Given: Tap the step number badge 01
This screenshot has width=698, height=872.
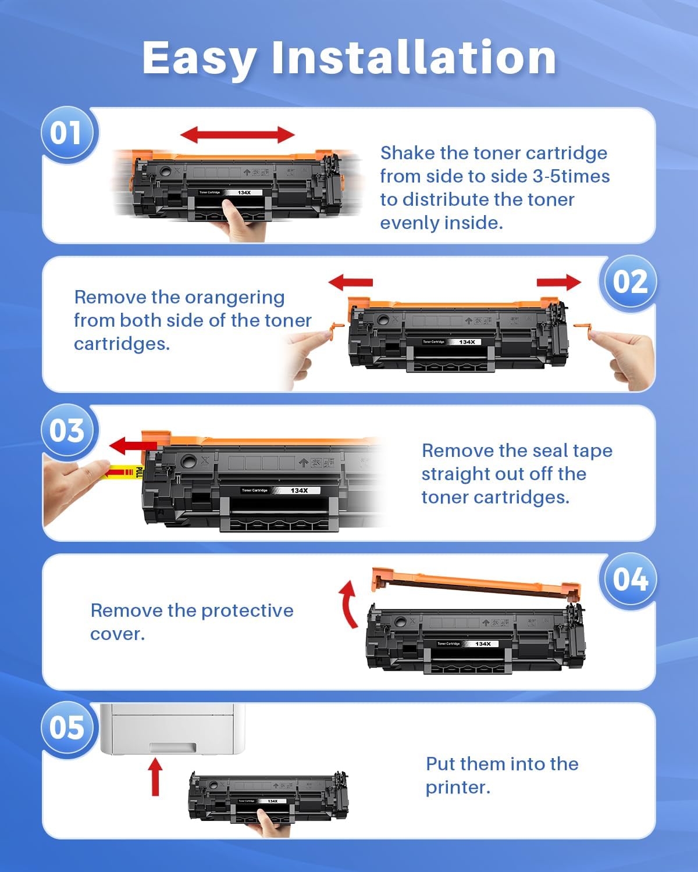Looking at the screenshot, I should pyautogui.click(x=66, y=133).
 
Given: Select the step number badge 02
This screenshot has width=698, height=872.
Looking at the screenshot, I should pyautogui.click(x=629, y=282).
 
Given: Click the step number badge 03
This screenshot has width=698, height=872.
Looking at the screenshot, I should pyautogui.click(x=66, y=431).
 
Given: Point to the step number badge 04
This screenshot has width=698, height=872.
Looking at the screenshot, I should pyautogui.click(x=629, y=580).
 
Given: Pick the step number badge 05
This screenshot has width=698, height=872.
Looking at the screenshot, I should pyautogui.click(x=66, y=728).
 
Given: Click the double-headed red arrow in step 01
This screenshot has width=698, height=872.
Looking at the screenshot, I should pyautogui.click(x=237, y=135).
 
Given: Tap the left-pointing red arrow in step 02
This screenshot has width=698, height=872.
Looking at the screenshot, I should pyautogui.click(x=350, y=283).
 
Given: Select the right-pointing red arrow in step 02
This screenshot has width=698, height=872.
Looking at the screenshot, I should pyautogui.click(x=558, y=283).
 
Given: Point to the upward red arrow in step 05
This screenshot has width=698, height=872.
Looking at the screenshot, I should pyautogui.click(x=155, y=776).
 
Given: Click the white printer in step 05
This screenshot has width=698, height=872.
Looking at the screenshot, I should pyautogui.click(x=172, y=730).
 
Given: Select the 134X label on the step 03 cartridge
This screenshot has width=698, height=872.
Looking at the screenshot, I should pyautogui.click(x=299, y=491).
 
